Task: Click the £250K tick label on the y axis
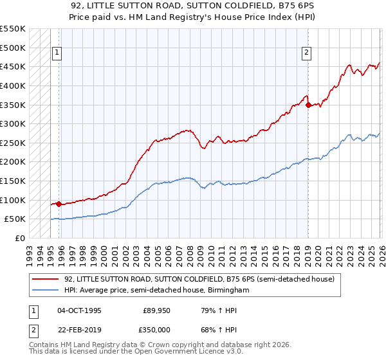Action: (13, 143)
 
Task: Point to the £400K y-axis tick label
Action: (13, 85)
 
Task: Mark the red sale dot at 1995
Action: (59, 204)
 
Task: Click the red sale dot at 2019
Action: (308, 105)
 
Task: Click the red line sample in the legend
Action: (45, 280)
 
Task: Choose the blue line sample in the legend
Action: (45, 291)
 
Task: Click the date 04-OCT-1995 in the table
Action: (79, 310)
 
